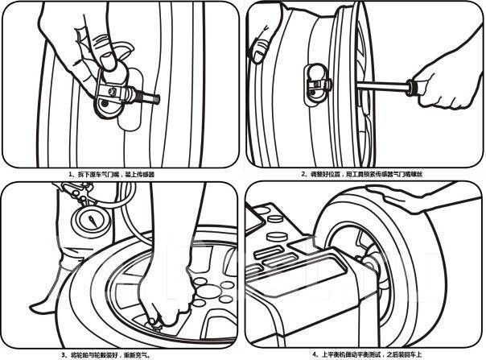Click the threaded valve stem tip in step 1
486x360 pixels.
(154, 100)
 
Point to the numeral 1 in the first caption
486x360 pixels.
(70, 173)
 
